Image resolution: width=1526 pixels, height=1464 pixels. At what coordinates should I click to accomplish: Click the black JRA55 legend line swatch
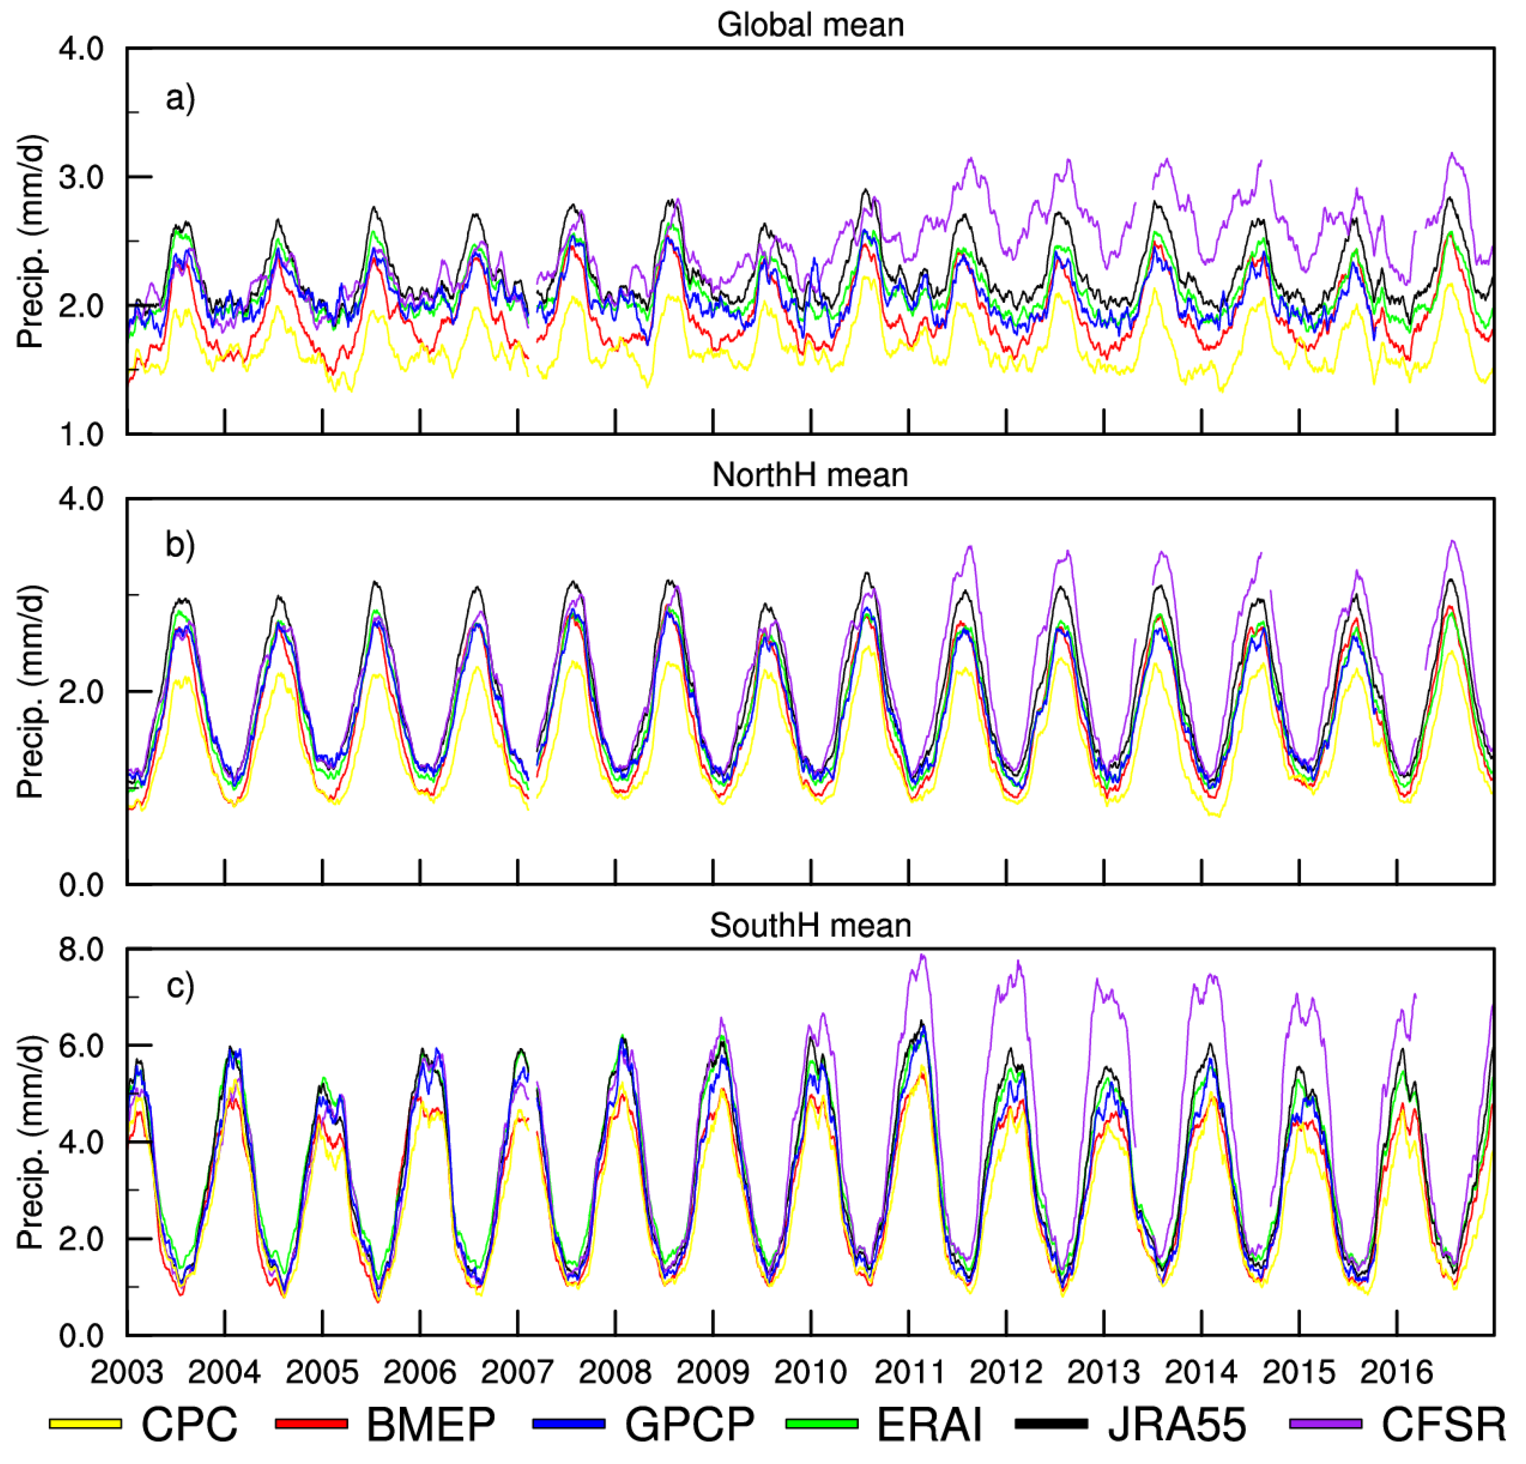coord(1051,1423)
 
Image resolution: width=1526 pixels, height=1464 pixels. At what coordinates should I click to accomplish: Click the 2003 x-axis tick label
coord(127,1372)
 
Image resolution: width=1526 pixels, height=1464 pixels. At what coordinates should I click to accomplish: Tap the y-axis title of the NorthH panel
coord(31,691)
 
